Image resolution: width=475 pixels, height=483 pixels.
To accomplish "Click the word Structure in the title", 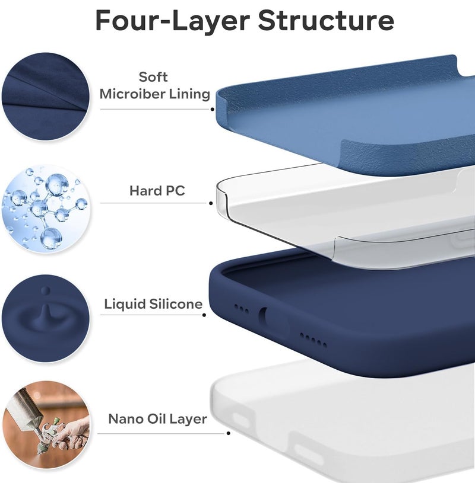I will coord(326,21).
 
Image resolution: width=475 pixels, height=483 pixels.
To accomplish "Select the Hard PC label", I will coord(157,191).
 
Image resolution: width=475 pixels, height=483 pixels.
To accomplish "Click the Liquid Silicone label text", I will coord(154,304).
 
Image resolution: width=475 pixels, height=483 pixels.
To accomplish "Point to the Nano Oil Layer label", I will coord(157,419).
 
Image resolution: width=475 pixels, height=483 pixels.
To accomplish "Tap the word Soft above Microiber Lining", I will coord(153,77).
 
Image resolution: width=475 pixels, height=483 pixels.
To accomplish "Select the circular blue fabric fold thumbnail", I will coord(45,96).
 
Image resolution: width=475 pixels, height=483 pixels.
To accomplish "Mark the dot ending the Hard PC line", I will coord(211,203).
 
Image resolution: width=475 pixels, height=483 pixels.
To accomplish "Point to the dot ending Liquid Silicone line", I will coord(204,315).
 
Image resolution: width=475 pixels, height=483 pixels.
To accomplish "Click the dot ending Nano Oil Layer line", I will coord(229,433).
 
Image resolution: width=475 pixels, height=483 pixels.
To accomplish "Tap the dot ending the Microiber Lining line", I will coord(212,109).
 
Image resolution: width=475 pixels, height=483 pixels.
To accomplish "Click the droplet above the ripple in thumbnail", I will coord(46,290).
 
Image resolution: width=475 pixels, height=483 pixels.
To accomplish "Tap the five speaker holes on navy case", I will coord(313,340).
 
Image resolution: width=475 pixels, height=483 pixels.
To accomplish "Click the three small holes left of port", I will coord(242,309).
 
